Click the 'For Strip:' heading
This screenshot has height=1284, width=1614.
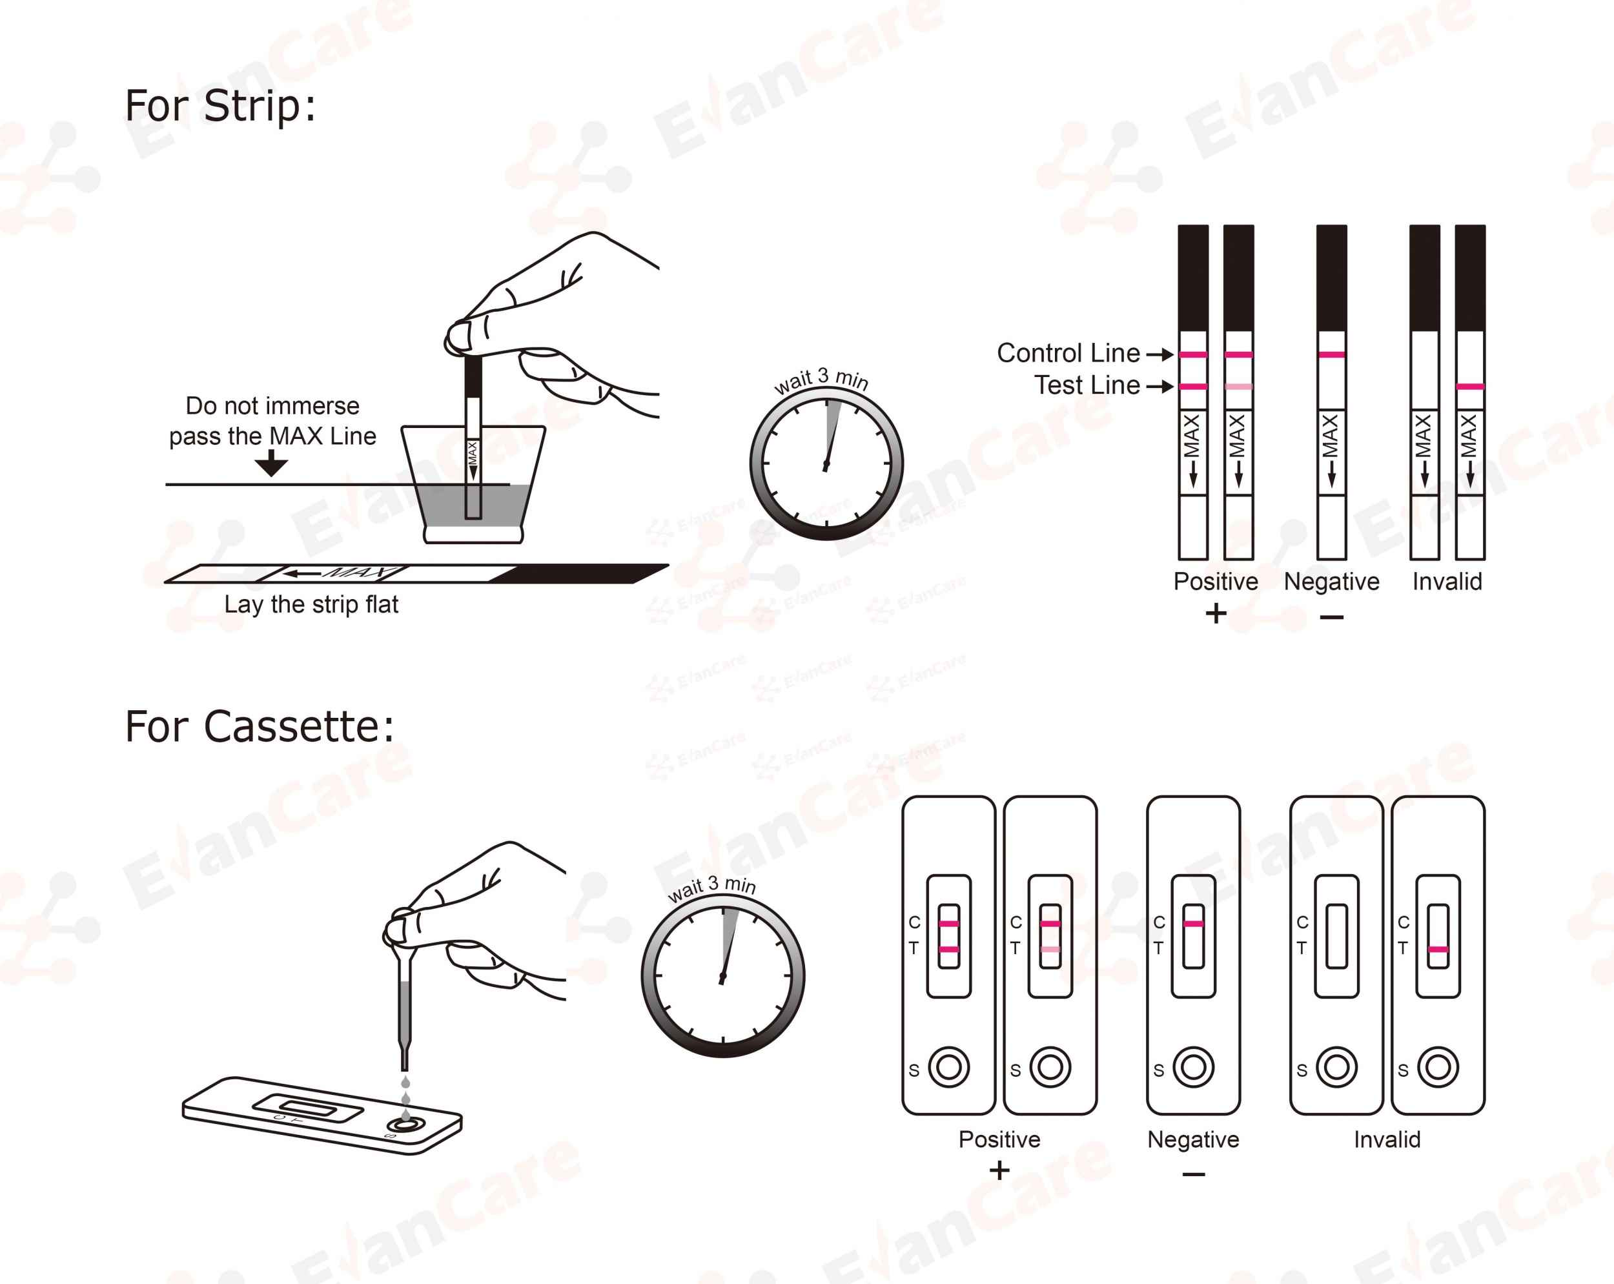click(x=220, y=106)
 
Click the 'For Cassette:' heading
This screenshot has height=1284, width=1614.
click(x=259, y=726)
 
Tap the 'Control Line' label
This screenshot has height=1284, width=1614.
click(x=1068, y=352)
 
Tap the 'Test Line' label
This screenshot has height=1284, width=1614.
click(x=1087, y=385)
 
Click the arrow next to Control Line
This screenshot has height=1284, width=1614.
click(x=1159, y=354)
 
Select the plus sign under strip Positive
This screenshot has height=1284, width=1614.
click(x=1216, y=614)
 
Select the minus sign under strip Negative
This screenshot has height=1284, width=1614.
click(x=1331, y=617)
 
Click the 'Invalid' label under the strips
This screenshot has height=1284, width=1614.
click(x=1446, y=582)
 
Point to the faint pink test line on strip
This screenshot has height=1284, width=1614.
click(x=1238, y=386)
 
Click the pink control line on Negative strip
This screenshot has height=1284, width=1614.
click(x=1331, y=354)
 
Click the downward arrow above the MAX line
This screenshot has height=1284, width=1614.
click(x=271, y=465)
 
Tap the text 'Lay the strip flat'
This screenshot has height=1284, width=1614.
click(x=311, y=604)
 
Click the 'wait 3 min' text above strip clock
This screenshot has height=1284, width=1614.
click(x=821, y=380)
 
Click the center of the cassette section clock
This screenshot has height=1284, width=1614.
click(x=722, y=976)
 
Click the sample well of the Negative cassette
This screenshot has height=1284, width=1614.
click(x=1193, y=1067)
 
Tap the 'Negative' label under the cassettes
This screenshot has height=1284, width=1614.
click(x=1193, y=1139)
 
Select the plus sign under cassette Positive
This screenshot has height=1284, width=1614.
click(x=999, y=1170)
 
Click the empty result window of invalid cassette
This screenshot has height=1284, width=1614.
click(x=1336, y=936)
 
